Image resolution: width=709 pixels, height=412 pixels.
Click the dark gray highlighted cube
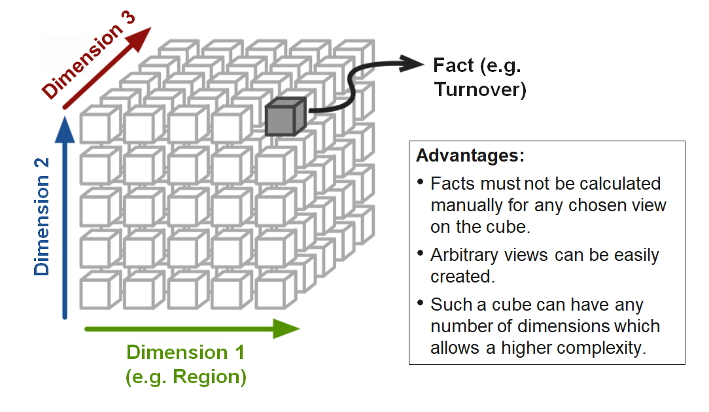click(285, 117)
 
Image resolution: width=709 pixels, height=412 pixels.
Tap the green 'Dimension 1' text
click(185, 352)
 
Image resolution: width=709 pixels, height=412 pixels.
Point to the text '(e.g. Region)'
click(185, 377)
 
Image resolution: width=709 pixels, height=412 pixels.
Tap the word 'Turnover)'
click(480, 90)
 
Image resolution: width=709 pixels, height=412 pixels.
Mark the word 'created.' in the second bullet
click(460, 277)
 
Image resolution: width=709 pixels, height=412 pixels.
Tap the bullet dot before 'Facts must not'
click(420, 184)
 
